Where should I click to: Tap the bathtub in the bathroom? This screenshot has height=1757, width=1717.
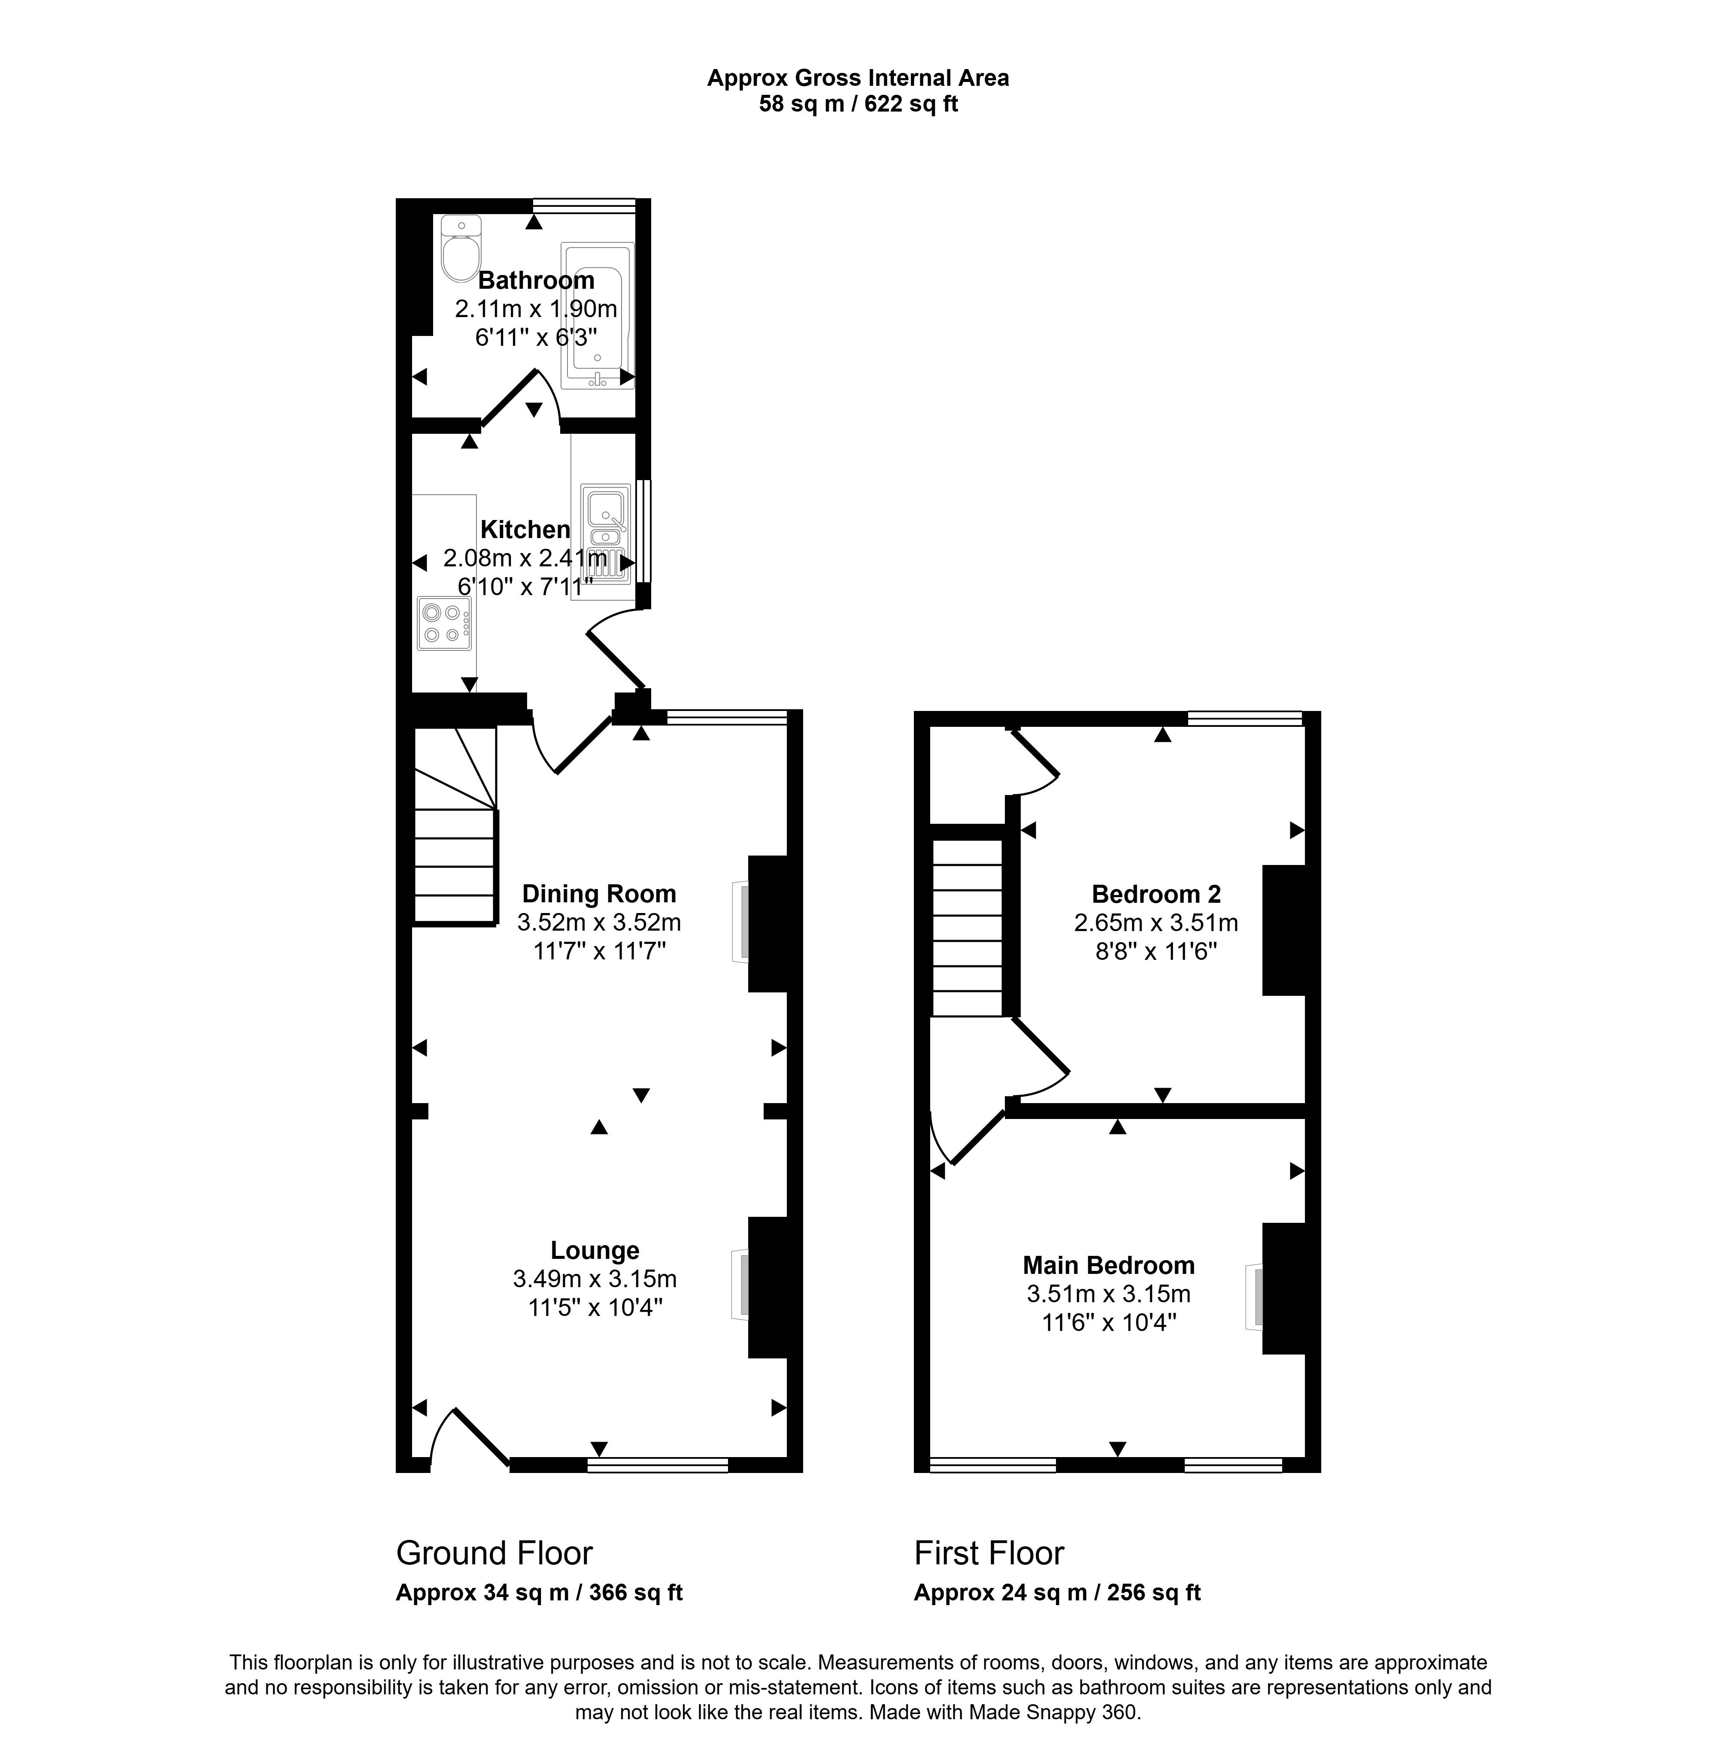pyautogui.click(x=597, y=315)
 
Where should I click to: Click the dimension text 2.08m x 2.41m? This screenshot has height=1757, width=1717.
pyautogui.click(x=525, y=558)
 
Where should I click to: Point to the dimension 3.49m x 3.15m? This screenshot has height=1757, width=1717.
pyautogui.click(x=595, y=1278)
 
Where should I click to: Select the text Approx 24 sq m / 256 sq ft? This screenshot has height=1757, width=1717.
pyautogui.click(x=1057, y=1592)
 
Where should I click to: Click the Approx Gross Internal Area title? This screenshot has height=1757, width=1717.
pyautogui.click(x=858, y=79)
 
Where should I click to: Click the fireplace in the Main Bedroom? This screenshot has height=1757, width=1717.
pyautogui.click(x=1255, y=1295)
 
